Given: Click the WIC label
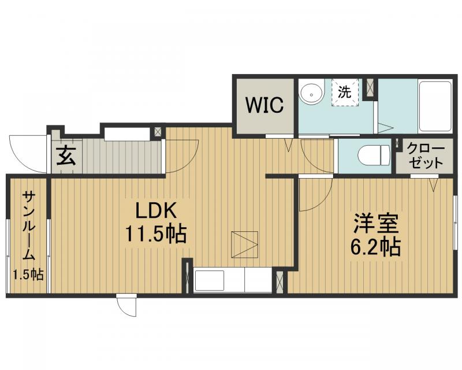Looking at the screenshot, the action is click(x=264, y=105).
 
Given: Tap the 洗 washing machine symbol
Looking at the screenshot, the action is click(x=345, y=92).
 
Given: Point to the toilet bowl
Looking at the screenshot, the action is click(x=374, y=154).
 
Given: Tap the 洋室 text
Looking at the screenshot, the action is click(x=377, y=224).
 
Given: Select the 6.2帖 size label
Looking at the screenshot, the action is click(x=375, y=247).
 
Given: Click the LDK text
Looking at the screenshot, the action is click(x=156, y=210).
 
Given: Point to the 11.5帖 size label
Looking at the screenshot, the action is click(x=156, y=234).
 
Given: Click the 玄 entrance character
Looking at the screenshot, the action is click(x=66, y=156).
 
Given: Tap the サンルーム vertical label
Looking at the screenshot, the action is click(x=28, y=226).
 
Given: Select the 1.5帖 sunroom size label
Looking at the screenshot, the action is click(x=28, y=275).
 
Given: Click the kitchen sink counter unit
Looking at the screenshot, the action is click(x=233, y=280).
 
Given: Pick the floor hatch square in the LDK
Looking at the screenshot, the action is click(x=245, y=245).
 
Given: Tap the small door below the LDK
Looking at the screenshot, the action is click(x=126, y=305).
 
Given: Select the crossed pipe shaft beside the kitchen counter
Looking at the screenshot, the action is click(x=280, y=281).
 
